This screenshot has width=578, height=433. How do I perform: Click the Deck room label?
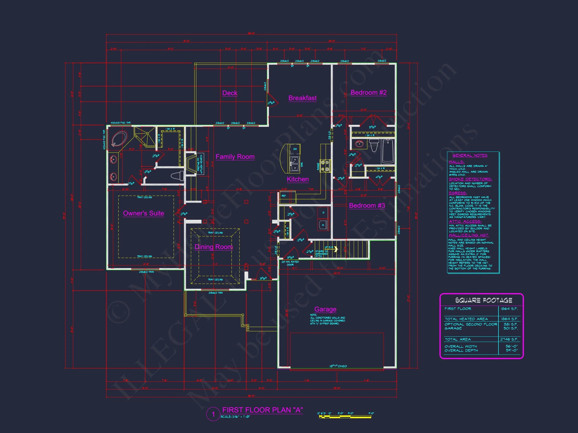pos(230,93)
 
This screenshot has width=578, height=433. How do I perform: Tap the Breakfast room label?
pos(302,98)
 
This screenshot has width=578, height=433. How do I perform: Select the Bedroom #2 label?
pos(369,92)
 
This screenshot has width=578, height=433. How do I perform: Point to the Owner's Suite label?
pos(143,213)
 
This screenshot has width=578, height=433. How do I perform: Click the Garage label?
pos(325,309)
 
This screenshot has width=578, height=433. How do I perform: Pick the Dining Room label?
pos(213,247)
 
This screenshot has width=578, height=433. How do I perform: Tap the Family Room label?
pos(235,157)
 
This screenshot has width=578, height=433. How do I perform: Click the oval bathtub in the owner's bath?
pos(119,139)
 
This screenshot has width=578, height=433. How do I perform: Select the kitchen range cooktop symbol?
pos(325,166)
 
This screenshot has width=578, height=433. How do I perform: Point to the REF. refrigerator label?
pos(284,196)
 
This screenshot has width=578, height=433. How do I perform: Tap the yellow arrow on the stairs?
pos(335,249)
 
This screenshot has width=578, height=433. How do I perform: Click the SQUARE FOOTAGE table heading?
pos(483,300)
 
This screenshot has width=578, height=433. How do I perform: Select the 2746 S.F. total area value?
pos(509,339)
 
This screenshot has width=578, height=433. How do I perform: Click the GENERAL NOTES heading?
pos(470,155)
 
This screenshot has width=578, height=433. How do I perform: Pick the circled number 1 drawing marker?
pos(213,414)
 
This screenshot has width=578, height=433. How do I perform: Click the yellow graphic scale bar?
pos(345,417)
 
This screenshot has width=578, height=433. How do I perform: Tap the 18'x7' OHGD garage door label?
pos(338,366)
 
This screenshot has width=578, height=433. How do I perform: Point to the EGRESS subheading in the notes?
pos(458,193)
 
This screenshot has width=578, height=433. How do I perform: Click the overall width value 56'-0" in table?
pos(511,346)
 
